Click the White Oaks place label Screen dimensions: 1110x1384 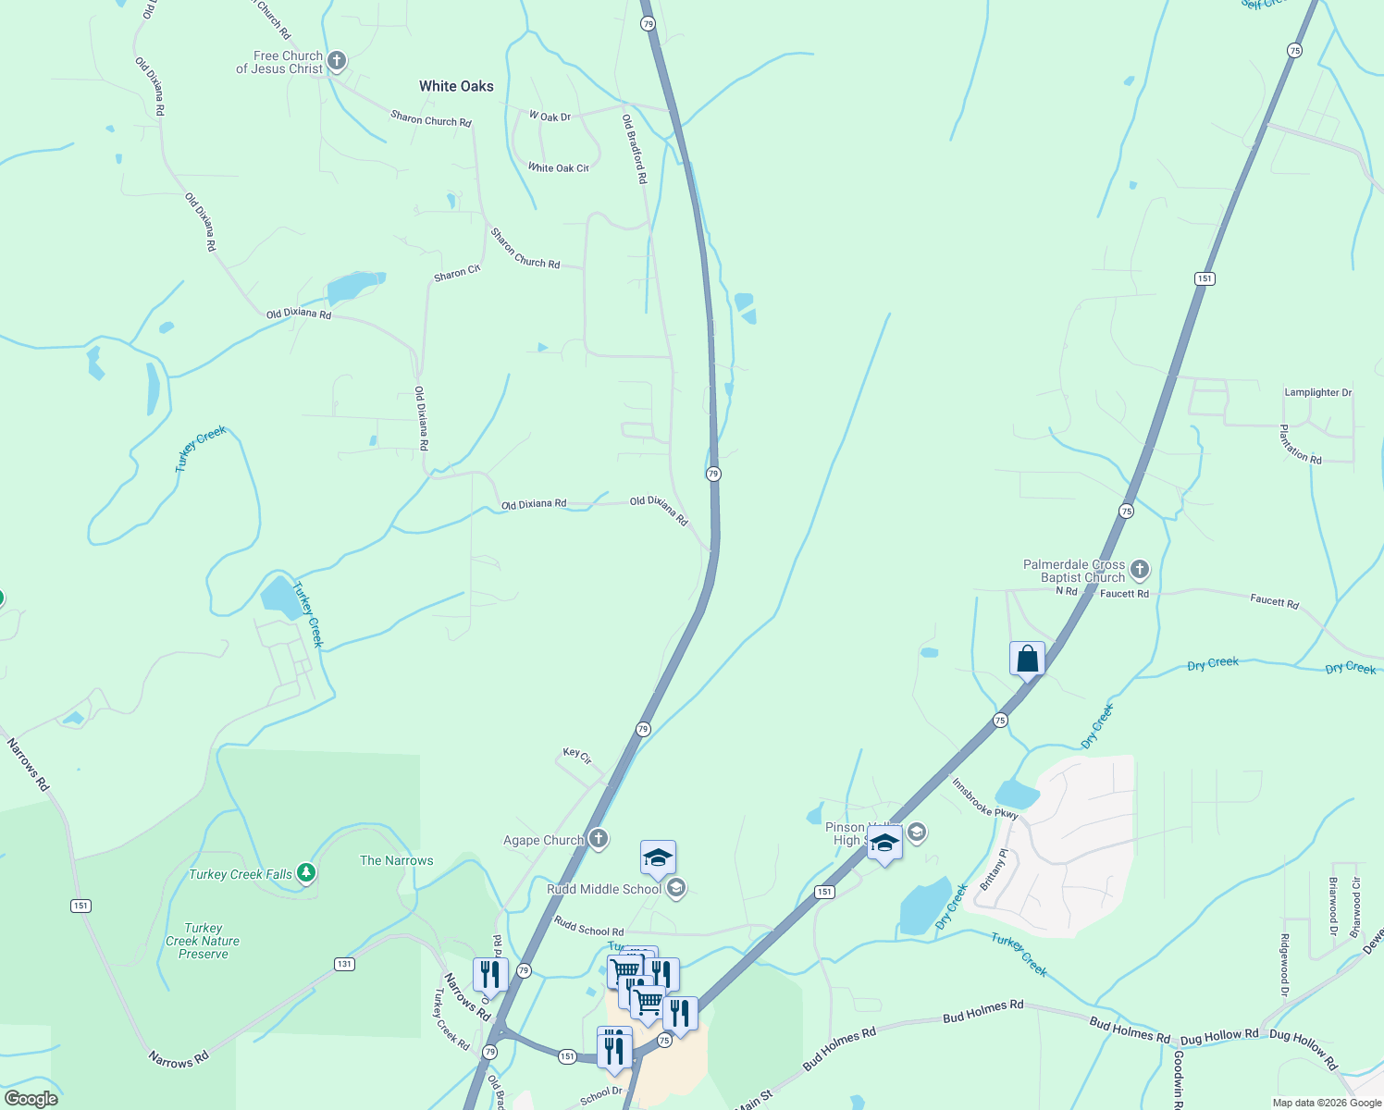coord(456,86)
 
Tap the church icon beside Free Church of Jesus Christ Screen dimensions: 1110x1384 coord(337,62)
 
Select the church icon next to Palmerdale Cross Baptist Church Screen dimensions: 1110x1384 coord(1140,570)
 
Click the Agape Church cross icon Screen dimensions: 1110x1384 coord(599,839)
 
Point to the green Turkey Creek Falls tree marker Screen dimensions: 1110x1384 coord(306,872)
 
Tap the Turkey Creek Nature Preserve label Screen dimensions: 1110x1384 coord(203,941)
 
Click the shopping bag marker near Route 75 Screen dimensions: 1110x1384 coord(1027,660)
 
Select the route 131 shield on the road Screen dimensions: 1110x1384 coord(344,964)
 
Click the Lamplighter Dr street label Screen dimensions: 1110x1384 coord(1317,392)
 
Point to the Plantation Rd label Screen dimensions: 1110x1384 coord(1300,444)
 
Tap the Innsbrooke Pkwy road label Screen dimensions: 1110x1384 coord(984,797)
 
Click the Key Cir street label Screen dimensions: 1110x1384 coord(577,756)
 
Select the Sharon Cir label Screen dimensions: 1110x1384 coord(457,273)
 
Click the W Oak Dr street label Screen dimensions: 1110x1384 coord(550,117)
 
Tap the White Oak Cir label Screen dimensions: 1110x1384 coord(558,167)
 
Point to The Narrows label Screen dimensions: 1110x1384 coord(396,860)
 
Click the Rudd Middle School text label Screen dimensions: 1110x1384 coord(604,889)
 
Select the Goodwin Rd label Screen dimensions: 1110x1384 coord(1178,1079)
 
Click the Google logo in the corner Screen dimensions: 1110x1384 coord(31,1098)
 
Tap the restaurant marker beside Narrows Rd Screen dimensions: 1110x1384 coord(489,975)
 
